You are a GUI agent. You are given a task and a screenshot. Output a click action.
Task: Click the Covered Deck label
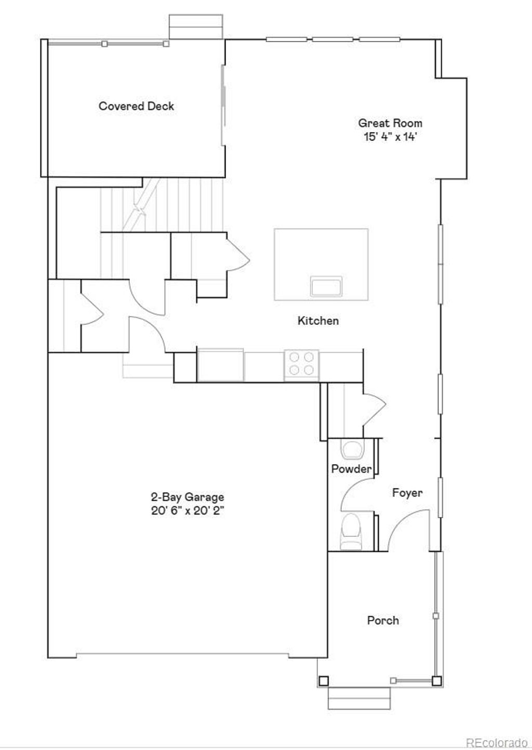pos(136,106)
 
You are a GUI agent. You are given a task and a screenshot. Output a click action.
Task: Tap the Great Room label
pos(390,123)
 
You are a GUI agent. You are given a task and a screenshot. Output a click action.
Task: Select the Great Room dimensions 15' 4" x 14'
pos(390,137)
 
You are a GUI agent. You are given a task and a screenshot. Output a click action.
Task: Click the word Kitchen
pos(318,321)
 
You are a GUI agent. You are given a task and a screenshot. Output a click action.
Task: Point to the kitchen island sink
pos(326,286)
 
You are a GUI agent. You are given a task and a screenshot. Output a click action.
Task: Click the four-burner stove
pos(302,363)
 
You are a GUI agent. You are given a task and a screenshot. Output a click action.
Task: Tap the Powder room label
pos(351,469)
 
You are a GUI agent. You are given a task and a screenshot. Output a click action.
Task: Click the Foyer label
pos(407,492)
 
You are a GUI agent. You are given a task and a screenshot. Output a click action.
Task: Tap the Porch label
pos(383,620)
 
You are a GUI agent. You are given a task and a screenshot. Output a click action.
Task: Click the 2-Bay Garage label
pos(188,497)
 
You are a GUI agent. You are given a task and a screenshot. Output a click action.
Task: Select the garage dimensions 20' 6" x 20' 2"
pos(188,510)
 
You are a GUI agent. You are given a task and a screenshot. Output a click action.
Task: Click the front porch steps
pos(359,698)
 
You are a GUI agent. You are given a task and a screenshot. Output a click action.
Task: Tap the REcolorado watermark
pos(496,742)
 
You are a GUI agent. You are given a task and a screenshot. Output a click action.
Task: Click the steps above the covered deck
pos(196,27)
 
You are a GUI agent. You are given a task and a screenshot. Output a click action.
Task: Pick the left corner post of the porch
pos(324,680)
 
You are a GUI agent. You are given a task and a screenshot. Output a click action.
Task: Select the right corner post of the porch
pos(436,680)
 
